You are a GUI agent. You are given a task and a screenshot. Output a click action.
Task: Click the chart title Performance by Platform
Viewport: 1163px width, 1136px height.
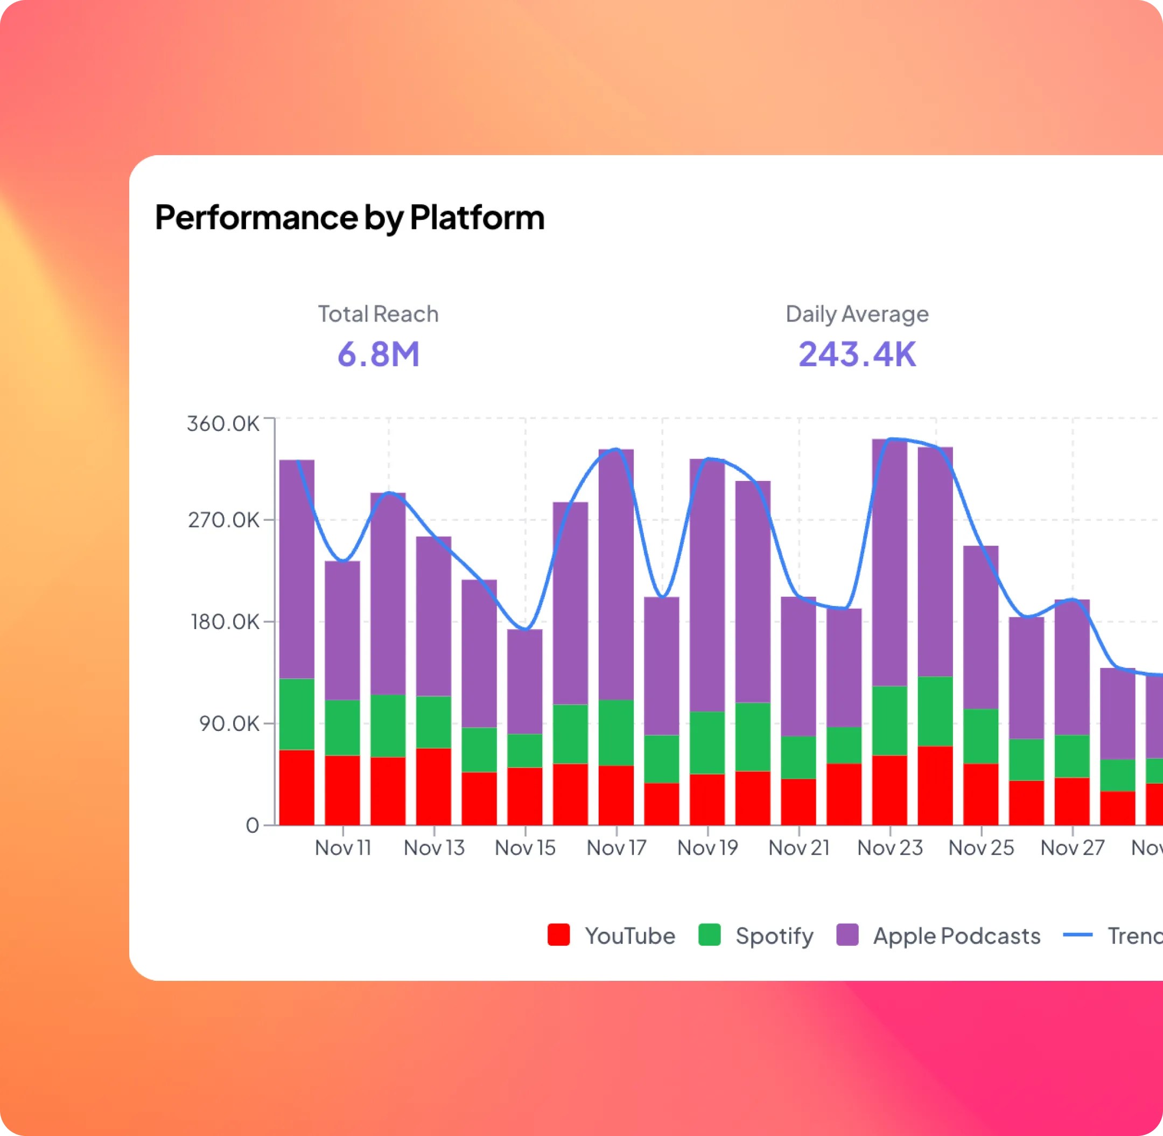349,217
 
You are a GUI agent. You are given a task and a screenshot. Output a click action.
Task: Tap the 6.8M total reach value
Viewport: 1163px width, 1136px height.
378,354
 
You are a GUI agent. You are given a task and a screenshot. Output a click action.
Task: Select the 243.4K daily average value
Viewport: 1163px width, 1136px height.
857,354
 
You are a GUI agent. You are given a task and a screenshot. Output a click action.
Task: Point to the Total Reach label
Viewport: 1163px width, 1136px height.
378,314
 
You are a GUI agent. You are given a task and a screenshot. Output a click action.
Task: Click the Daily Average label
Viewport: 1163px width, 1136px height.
857,314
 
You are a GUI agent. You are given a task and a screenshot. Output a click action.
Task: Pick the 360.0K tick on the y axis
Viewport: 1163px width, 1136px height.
223,423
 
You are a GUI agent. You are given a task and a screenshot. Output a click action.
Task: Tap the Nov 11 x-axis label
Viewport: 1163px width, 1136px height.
343,848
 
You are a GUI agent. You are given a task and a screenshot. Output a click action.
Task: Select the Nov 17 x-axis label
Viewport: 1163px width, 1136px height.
616,848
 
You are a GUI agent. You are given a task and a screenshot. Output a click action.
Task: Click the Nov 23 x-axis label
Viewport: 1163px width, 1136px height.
890,848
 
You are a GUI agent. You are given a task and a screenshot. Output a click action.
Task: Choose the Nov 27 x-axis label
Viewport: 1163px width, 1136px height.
1073,848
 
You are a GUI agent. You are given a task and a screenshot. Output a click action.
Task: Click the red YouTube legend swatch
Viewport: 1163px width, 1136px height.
559,935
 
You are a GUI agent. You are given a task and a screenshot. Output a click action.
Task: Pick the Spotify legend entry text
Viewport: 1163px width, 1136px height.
774,936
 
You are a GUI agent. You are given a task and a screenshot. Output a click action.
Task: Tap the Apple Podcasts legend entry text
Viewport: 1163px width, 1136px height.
957,936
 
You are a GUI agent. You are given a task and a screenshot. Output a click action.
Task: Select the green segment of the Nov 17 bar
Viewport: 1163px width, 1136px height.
616,732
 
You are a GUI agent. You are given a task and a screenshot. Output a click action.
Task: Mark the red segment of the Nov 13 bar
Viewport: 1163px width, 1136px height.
433,786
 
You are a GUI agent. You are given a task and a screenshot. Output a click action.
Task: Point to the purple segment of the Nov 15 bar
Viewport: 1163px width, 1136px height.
525,680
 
